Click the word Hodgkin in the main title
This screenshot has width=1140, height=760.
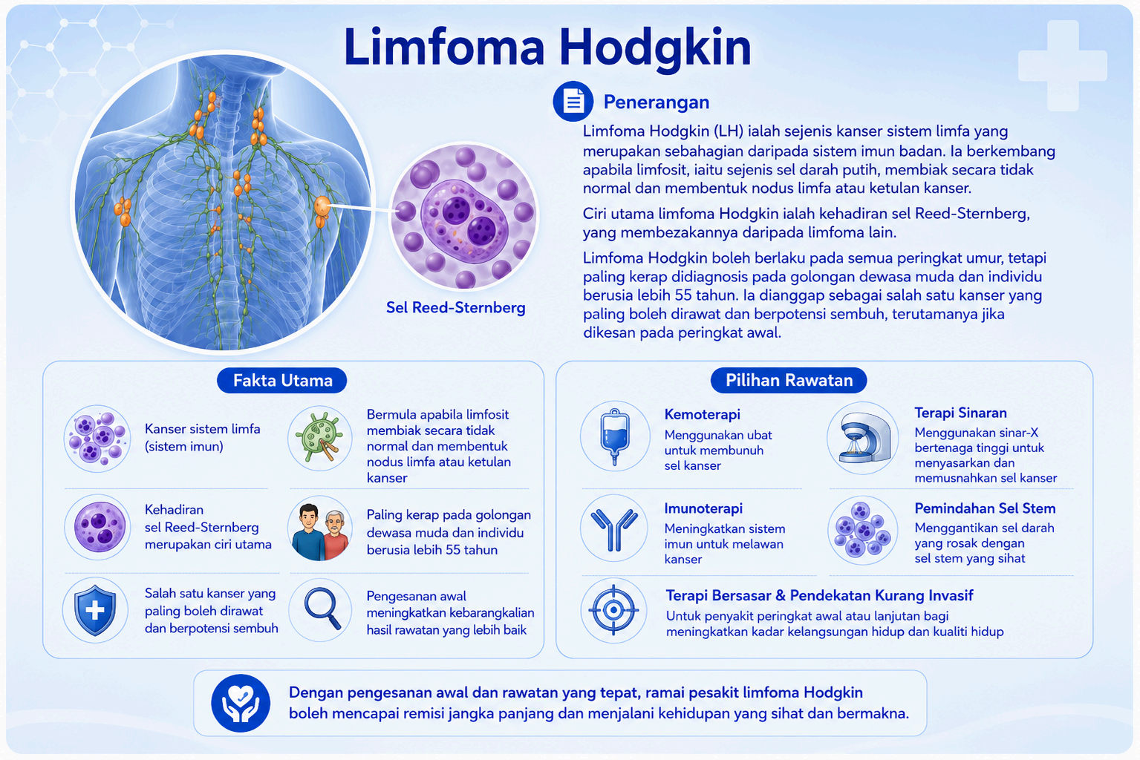pyautogui.click(x=655, y=47)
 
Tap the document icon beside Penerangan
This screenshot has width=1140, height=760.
pyautogui.click(x=573, y=101)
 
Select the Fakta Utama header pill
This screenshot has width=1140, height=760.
pyautogui.click(x=282, y=380)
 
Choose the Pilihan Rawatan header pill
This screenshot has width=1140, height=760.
pyautogui.click(x=788, y=380)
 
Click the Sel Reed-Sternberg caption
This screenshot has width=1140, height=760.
pyautogui.click(x=455, y=307)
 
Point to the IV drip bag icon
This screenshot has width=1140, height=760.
pyautogui.click(x=615, y=436)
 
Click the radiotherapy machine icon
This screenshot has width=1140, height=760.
pyautogui.click(x=864, y=437)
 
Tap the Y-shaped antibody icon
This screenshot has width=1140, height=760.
pyautogui.click(x=614, y=530)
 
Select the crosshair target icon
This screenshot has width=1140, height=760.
pyautogui.click(x=613, y=609)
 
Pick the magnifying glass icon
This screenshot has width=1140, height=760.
pyautogui.click(x=322, y=609)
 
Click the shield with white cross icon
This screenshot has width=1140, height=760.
pyautogui.click(x=95, y=610)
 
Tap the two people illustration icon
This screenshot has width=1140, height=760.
pyautogui.click(x=321, y=531)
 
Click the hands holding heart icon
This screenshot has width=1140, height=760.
pyautogui.click(x=241, y=704)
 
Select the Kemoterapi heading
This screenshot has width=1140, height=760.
pyautogui.click(x=703, y=414)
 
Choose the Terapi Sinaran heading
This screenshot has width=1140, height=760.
pyautogui.click(x=960, y=413)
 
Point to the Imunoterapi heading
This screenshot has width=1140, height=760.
pyautogui.click(x=703, y=508)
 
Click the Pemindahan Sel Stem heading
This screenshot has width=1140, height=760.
pyautogui.click(x=985, y=508)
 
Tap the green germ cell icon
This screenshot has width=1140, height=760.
pyautogui.click(x=319, y=437)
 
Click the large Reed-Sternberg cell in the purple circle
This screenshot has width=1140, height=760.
pyautogui.click(x=465, y=219)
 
